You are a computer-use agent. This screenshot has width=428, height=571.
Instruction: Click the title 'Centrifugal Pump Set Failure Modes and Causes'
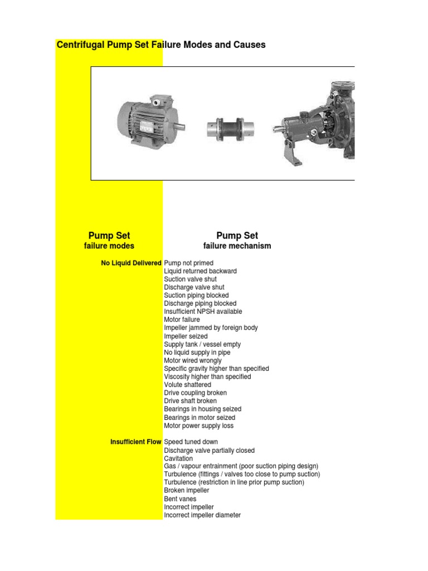coord(161,45)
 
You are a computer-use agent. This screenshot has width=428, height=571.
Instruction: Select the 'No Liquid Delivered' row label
coord(132,263)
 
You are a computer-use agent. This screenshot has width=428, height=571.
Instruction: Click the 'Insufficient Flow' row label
coord(135,442)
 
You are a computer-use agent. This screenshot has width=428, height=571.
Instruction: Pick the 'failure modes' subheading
coord(109,246)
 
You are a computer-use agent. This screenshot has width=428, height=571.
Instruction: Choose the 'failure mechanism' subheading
coord(237,246)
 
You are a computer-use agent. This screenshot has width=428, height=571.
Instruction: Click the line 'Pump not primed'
coord(188,263)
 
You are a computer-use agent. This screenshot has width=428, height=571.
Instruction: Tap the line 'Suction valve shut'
coord(191,279)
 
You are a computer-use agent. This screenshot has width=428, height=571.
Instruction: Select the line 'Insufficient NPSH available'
coord(203,312)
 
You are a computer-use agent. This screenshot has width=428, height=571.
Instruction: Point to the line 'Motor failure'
coord(182,320)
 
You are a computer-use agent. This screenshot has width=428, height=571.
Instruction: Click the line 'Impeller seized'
coord(186,336)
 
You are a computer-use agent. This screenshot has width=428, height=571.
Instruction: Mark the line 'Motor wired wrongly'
coord(192,361)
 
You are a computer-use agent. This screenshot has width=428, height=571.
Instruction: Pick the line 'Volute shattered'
coord(187,385)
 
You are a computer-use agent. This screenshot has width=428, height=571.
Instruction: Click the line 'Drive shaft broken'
coord(191,401)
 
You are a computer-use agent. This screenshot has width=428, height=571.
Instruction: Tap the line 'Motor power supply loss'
coord(199,426)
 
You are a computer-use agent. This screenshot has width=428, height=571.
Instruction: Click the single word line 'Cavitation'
coord(178,458)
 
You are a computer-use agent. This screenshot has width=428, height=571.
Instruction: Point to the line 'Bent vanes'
coord(180,499)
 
